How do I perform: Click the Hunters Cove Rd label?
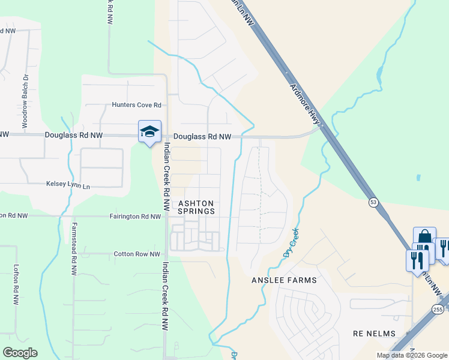pyautogui.click(x=137, y=105)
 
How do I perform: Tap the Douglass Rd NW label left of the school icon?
pyautogui.click(x=74, y=136)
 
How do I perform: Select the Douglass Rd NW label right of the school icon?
pyautogui.click(x=202, y=137)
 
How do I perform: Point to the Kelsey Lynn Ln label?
pyautogui.click(x=68, y=187)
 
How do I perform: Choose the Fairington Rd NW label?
pyautogui.click(x=135, y=216)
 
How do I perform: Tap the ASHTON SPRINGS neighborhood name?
pyautogui.click(x=196, y=208)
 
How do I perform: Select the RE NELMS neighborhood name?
pyautogui.click(x=374, y=333)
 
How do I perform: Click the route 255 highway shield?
pyautogui.click(x=437, y=308)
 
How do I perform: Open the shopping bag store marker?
pyautogui.click(x=424, y=237)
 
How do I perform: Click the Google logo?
pyautogui.click(x=19, y=353)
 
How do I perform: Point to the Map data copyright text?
pyautogui.click(x=411, y=355)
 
